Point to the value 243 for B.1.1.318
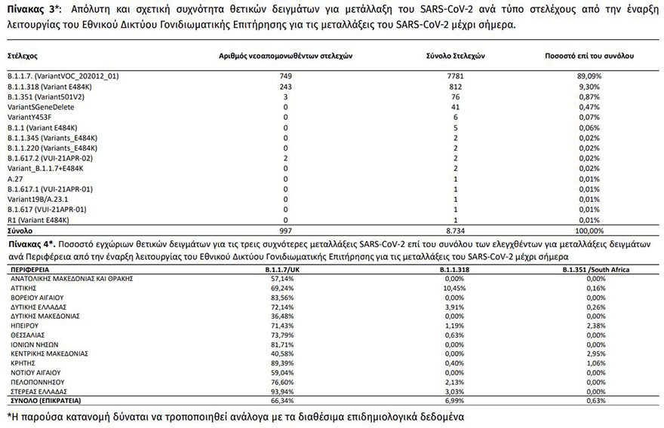tap(285, 87)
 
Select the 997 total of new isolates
tap(285, 230)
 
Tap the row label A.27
tap(15, 179)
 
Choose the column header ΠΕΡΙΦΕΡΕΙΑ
tap(31, 269)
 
